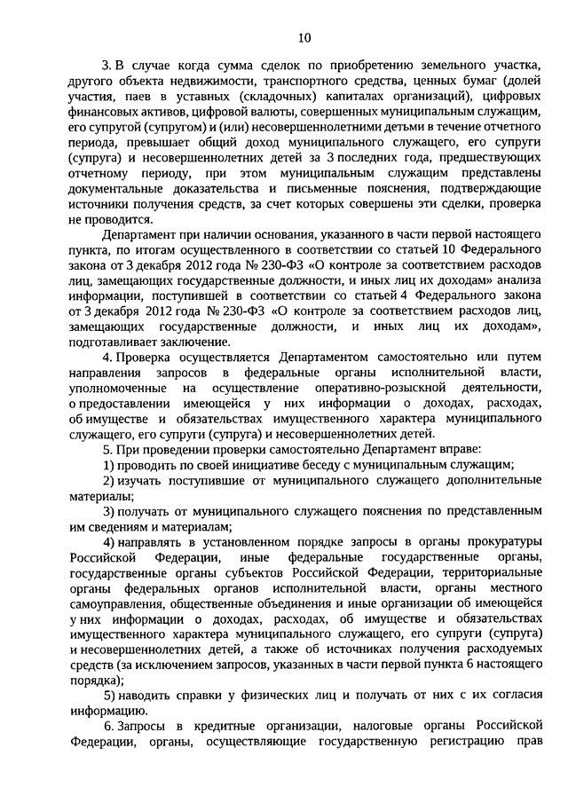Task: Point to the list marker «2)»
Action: click(107, 480)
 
